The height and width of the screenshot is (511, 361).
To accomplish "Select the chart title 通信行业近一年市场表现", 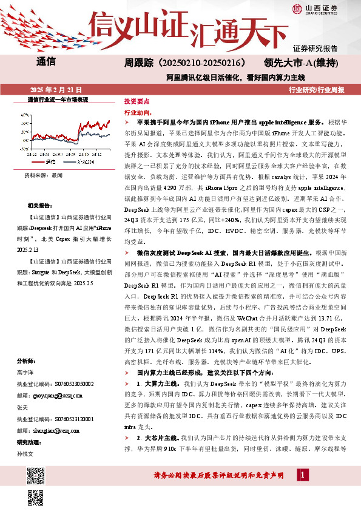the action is [x=58, y=99].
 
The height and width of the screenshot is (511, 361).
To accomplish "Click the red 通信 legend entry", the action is [x=48, y=162].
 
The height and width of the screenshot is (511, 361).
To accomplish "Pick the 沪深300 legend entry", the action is [x=84, y=162].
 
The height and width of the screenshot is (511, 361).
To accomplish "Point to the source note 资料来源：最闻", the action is [x=43, y=174].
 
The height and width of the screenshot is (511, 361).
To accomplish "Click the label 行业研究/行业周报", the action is [x=317, y=89].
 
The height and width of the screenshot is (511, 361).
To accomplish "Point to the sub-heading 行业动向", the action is [x=137, y=112].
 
